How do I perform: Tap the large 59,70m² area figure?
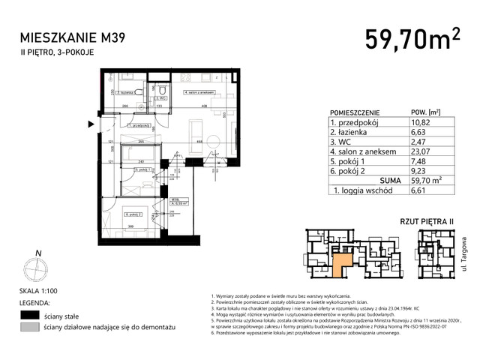point(412,37)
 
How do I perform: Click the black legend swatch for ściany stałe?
point(29,315)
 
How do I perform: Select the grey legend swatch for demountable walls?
point(29,328)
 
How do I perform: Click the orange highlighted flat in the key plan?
point(342,263)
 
